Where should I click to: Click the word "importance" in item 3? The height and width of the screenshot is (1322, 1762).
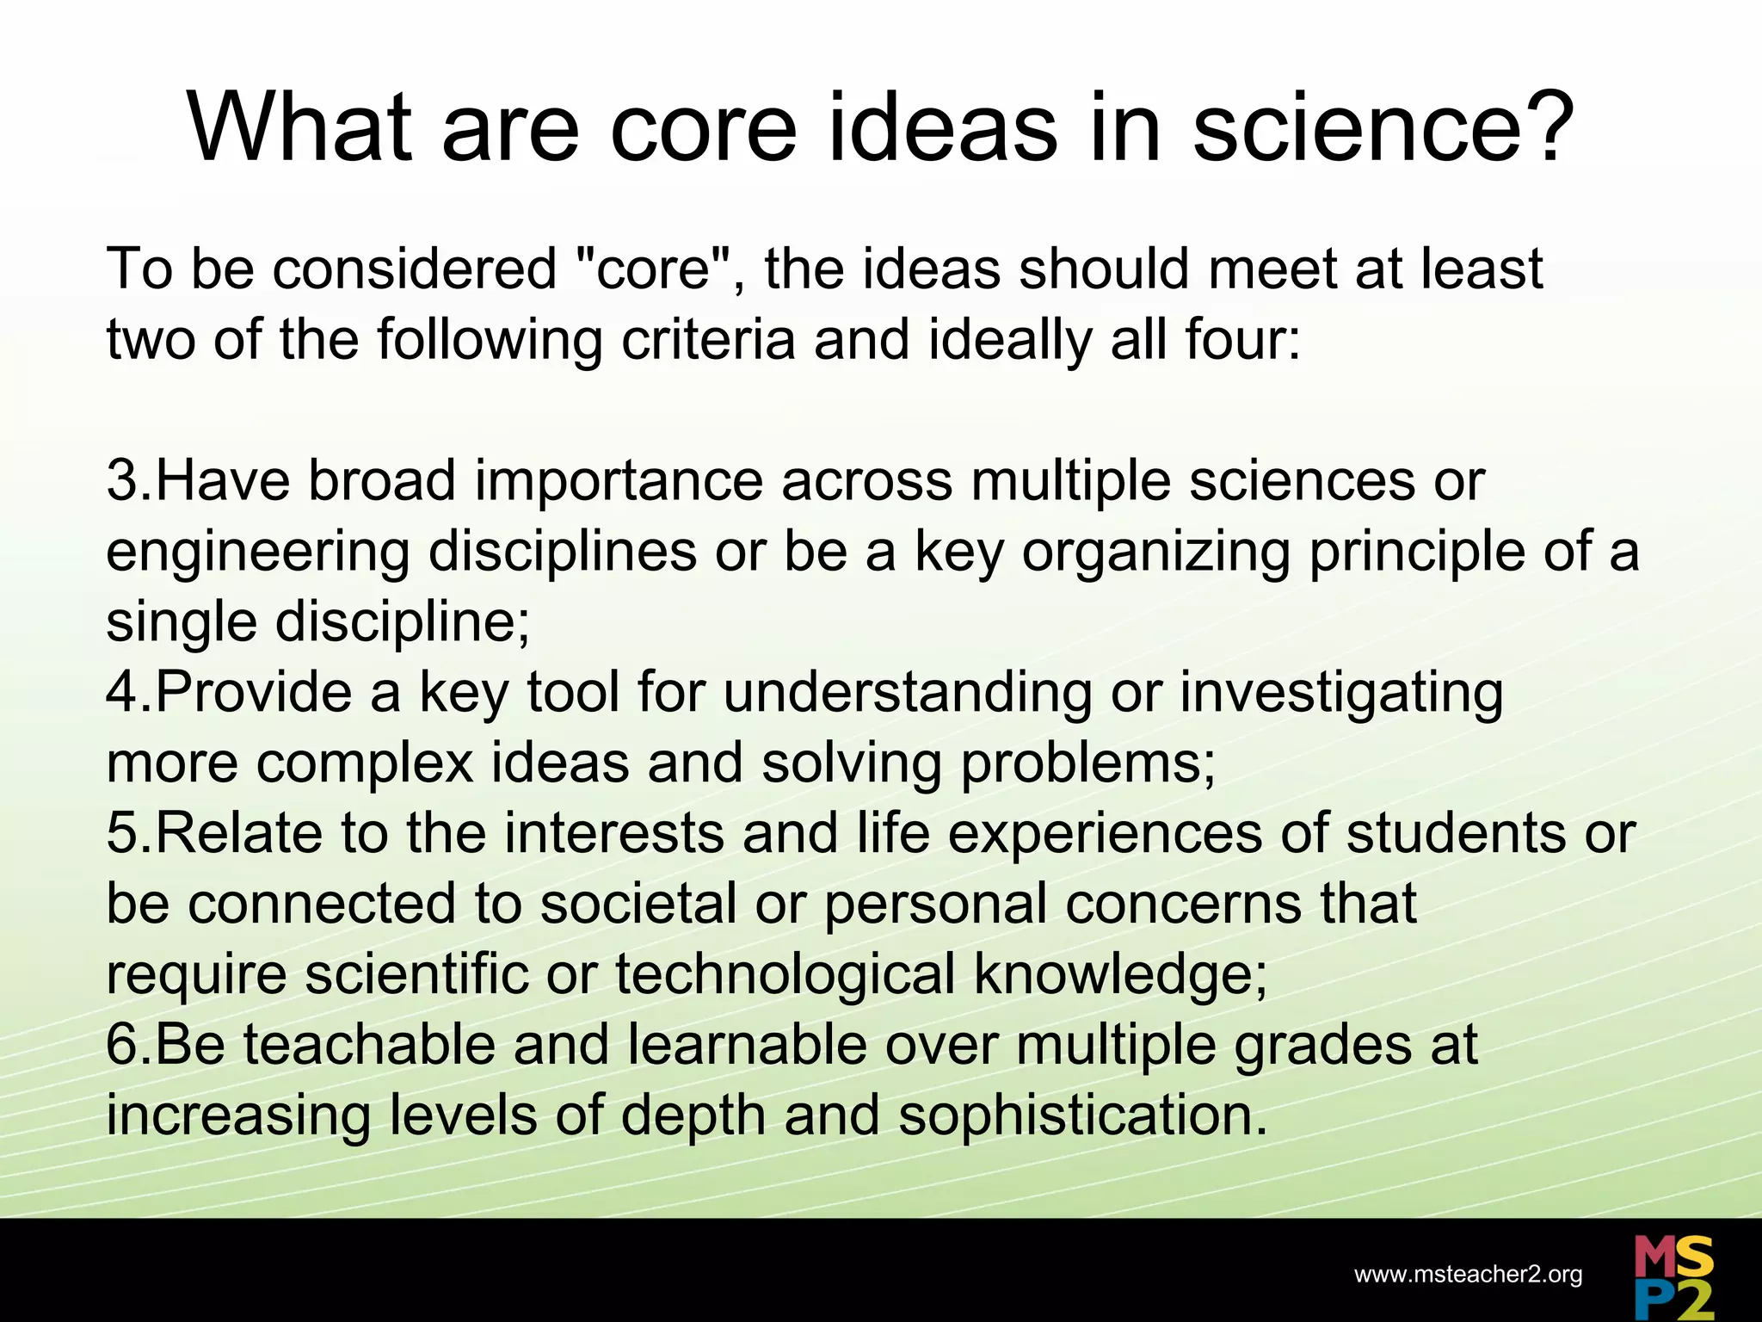619,480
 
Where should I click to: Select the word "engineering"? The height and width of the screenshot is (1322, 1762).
257,553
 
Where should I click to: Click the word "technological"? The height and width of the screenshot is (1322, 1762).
784,974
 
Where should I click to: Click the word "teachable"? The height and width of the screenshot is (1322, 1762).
369,1045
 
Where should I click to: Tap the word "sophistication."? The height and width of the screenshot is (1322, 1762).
1083,1115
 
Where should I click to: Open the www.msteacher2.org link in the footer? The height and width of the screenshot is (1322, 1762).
1468,1275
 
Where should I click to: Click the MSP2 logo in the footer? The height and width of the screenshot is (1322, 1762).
1673,1277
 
